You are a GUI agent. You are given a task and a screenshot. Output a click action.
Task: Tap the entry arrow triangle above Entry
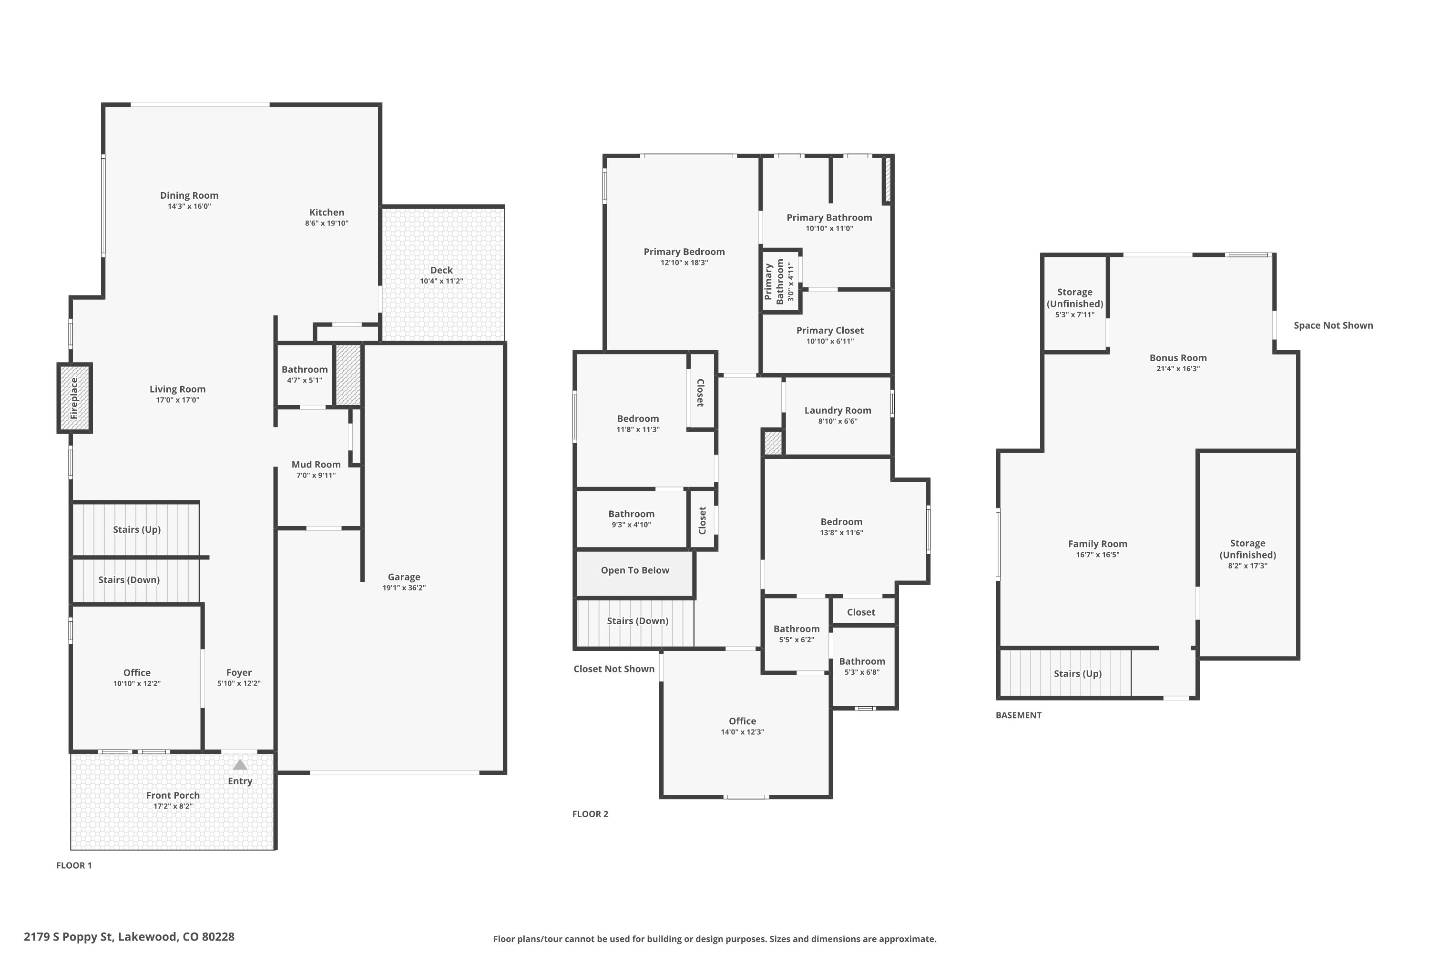pos(240,765)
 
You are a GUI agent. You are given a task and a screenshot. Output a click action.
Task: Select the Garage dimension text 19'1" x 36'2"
pos(404,588)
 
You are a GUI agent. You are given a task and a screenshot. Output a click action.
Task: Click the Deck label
pos(441,270)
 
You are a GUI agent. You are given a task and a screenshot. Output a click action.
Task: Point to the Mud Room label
pos(316,464)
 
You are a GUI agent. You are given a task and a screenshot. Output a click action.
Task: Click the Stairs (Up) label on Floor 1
pos(136,529)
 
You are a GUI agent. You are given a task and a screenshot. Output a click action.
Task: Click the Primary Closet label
pos(829,331)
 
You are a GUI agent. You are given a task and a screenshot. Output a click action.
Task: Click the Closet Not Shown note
pos(613,669)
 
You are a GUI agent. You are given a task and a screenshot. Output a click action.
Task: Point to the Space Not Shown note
pos(1333,325)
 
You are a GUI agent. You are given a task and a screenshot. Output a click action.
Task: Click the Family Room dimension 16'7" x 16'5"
pos(1097,554)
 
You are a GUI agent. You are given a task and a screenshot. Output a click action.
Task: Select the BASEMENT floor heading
pos(1018,715)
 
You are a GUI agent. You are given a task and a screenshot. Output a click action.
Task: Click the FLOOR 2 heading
pos(590,814)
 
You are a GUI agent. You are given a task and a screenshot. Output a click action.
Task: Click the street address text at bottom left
pos(129,937)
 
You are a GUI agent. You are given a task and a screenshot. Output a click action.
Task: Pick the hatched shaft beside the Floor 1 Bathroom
pos(348,375)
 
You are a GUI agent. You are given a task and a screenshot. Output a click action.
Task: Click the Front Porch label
pos(173,795)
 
